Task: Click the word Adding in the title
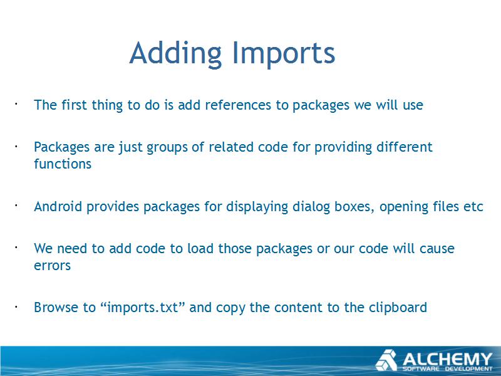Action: coord(175,53)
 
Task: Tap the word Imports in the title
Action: coord(284,53)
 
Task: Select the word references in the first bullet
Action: coord(238,105)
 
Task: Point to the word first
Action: coord(74,105)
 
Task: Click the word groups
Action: coord(167,148)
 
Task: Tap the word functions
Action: coord(63,164)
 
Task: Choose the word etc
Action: coord(473,207)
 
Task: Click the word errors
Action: coord(53,266)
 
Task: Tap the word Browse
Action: coord(56,307)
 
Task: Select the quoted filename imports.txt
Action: coord(143,308)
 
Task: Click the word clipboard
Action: coord(398,308)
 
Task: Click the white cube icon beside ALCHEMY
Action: coord(386,360)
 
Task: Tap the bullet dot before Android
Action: coord(15,206)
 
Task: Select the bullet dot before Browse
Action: coord(15,306)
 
